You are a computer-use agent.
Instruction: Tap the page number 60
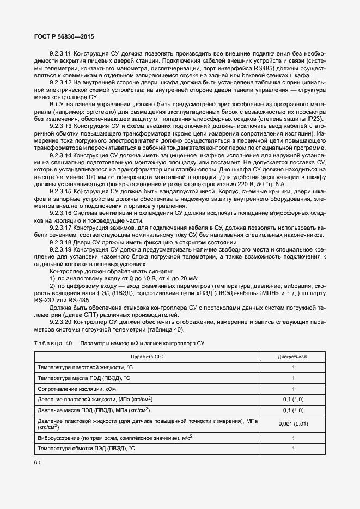[x=38, y=463]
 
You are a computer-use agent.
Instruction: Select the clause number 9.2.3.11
[x=60, y=54]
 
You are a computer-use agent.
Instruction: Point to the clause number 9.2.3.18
[x=60, y=242]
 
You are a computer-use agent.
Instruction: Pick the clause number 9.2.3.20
[x=60, y=322]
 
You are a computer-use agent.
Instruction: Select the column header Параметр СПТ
[x=148, y=357]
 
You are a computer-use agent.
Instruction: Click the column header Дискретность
[x=293, y=357]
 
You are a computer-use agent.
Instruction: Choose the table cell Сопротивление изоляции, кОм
[x=77, y=389]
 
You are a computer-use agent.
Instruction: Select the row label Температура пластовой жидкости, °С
[x=86, y=367]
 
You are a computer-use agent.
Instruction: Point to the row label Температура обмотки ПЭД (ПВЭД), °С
[x=87, y=448]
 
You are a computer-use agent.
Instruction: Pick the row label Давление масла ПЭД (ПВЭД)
[x=93, y=410]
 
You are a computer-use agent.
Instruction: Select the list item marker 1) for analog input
[x=53, y=278]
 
